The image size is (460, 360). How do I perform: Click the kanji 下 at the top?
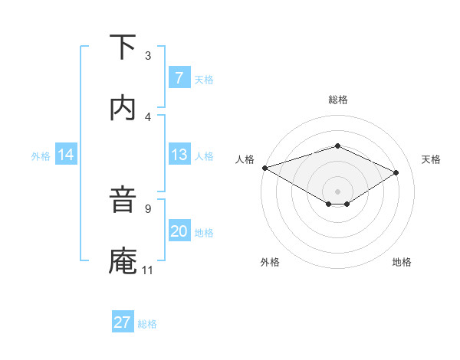[123, 47]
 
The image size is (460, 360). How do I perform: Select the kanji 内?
[123, 108]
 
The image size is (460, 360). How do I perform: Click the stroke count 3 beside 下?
[148, 56]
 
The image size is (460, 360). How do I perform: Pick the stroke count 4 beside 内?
[148, 116]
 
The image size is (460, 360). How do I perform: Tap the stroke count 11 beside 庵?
[147, 270]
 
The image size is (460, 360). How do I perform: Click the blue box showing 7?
[179, 78]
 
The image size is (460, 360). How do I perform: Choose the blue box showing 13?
[179, 155]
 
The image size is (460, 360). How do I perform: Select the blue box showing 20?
[179, 231]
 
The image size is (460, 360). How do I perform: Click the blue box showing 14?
[66, 155]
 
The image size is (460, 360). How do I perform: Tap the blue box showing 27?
[122, 322]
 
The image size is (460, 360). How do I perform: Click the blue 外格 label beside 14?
[41, 155]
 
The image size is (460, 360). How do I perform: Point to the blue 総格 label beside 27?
[147, 324]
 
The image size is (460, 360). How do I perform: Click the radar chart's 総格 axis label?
[337, 100]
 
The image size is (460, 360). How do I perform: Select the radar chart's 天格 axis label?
[432, 159]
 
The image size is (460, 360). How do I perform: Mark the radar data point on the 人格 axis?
[264, 167]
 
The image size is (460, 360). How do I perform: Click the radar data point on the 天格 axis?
[396, 172]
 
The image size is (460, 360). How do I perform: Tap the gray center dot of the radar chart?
[337, 191]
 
